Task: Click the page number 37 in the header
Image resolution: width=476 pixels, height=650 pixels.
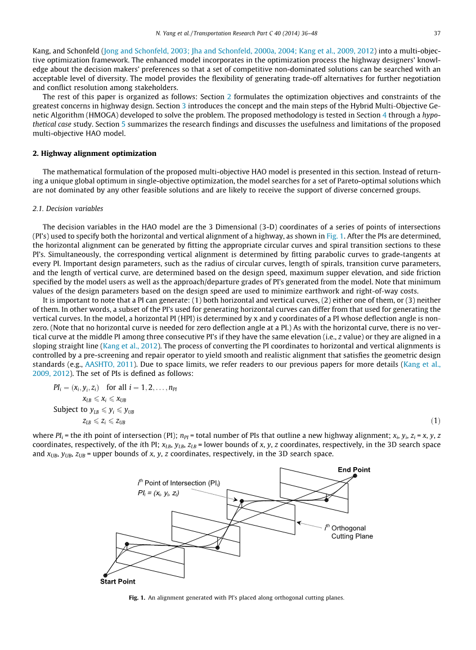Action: click(437, 32)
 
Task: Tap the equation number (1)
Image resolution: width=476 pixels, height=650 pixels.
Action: click(435, 421)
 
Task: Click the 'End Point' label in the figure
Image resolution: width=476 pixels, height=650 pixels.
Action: click(354, 469)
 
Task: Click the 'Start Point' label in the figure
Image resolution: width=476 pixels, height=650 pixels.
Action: click(118, 581)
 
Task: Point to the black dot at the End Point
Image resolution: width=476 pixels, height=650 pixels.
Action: click(355, 477)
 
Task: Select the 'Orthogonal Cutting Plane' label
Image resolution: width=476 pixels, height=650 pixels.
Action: click(348, 532)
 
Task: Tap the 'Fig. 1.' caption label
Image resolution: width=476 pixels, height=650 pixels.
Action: click(137, 598)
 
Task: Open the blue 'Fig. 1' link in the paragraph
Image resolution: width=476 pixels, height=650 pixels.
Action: click(335, 236)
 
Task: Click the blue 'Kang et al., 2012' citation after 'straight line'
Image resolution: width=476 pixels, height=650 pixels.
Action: click(132, 346)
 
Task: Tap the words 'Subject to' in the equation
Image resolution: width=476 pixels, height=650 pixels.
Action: click(71, 409)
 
